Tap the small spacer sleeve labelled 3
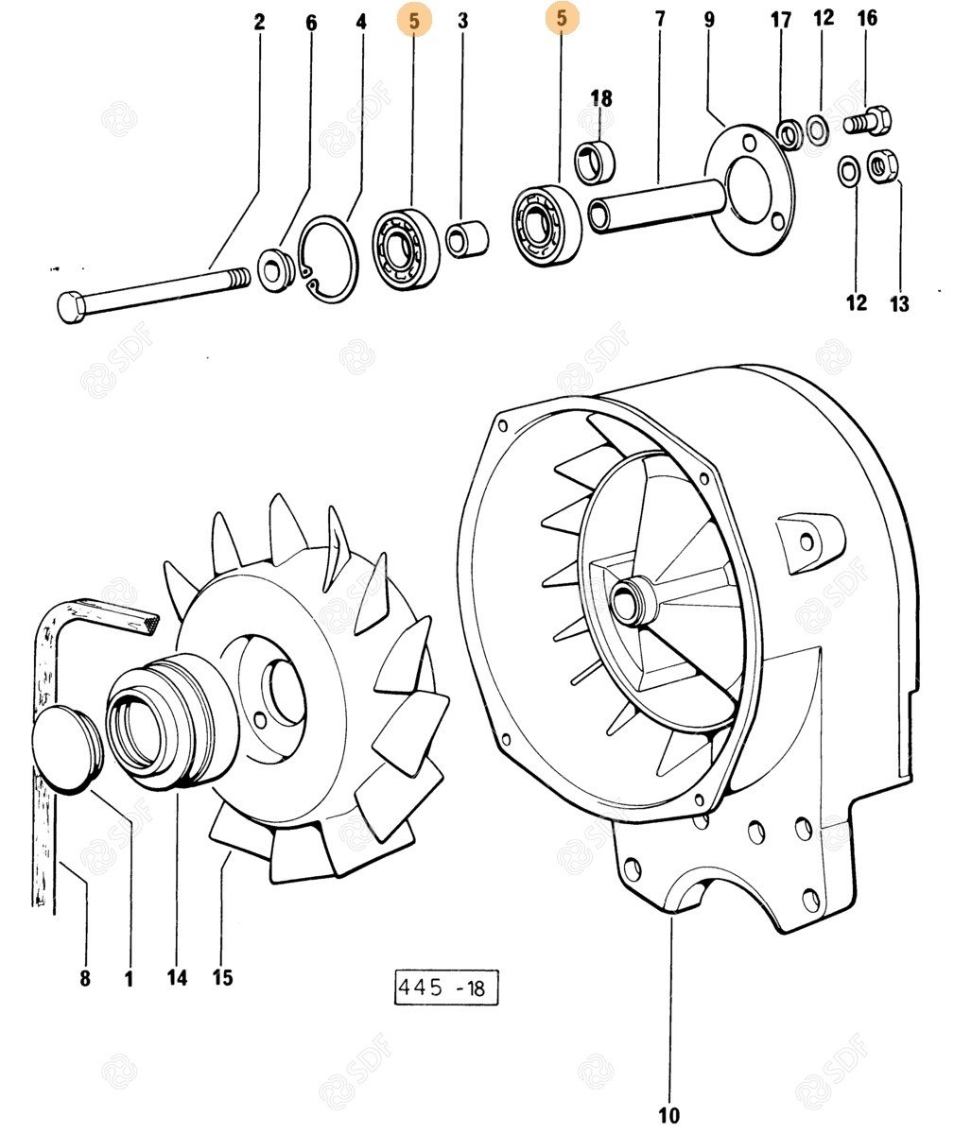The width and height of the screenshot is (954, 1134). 466,239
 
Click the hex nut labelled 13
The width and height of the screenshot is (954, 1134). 882,166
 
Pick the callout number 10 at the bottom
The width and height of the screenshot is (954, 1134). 668,1116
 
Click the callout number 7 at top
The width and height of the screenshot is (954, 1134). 659,19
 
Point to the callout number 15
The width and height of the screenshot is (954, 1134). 222,977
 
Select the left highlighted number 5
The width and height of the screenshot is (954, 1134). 414,20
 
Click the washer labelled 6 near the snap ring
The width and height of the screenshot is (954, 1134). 277,270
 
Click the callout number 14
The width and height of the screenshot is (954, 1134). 178,978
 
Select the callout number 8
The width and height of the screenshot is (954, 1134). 85,979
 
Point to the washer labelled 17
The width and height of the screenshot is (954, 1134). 787,133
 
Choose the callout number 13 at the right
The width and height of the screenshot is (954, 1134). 899,303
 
